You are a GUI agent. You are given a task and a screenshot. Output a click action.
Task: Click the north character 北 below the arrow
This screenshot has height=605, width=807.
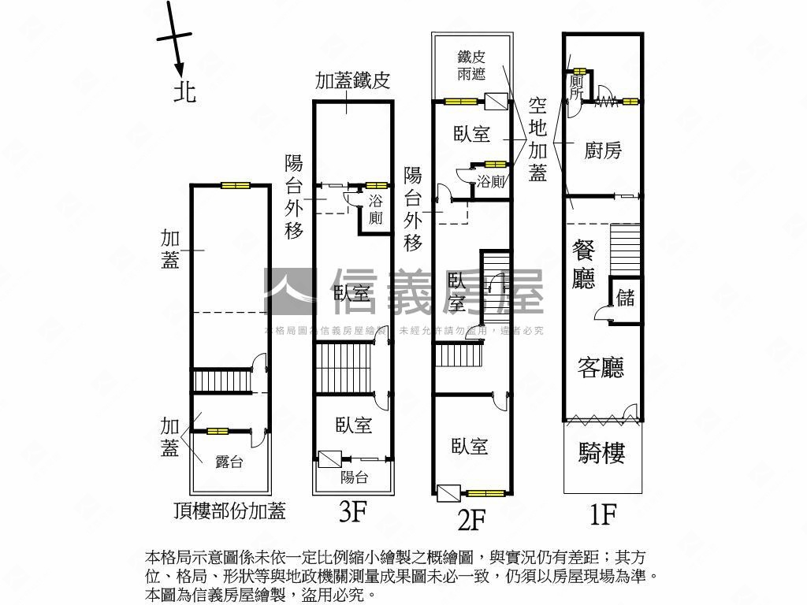click(x=184, y=92)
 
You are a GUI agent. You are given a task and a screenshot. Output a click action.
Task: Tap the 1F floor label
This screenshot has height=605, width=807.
click(x=603, y=514)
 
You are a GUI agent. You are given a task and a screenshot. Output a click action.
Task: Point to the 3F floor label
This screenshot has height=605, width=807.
click(x=352, y=513)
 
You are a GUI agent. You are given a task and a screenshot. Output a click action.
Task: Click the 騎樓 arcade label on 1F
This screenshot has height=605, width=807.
click(x=602, y=453)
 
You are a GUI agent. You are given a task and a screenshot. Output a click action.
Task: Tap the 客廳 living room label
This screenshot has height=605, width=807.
click(x=601, y=367)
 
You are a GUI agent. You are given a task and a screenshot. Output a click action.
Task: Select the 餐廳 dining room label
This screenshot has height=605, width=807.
click(x=584, y=265)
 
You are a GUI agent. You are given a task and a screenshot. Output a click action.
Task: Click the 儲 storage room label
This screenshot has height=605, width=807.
click(x=626, y=297)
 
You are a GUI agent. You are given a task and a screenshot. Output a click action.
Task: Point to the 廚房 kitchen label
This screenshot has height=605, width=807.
click(x=603, y=150)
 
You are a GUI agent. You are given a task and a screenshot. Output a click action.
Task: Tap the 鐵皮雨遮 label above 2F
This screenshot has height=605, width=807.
click(x=471, y=65)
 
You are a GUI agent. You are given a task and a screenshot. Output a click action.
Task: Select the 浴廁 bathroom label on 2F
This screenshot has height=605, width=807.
click(x=491, y=182)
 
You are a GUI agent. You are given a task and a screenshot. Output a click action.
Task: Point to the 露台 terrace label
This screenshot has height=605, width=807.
click(x=229, y=462)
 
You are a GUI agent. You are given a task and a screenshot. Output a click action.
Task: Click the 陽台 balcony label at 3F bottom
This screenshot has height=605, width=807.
click(x=354, y=477)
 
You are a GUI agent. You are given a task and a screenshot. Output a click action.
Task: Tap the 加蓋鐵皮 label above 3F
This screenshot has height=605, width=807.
click(x=353, y=81)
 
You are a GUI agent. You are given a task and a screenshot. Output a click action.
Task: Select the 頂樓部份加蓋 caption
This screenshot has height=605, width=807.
click(x=229, y=511)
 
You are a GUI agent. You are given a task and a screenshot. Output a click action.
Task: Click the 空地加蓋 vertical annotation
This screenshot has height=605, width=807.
click(x=537, y=139)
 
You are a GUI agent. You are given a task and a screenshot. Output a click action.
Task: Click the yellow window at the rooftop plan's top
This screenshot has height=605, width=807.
click(x=234, y=186)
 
